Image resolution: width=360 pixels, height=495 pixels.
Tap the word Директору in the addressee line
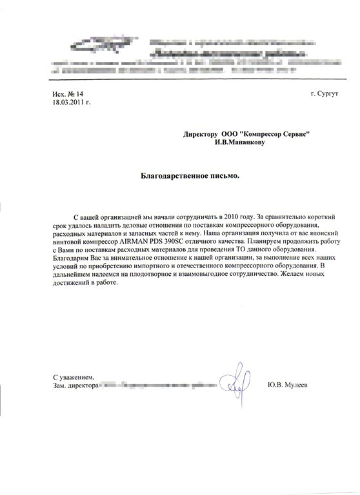coord(200,133)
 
